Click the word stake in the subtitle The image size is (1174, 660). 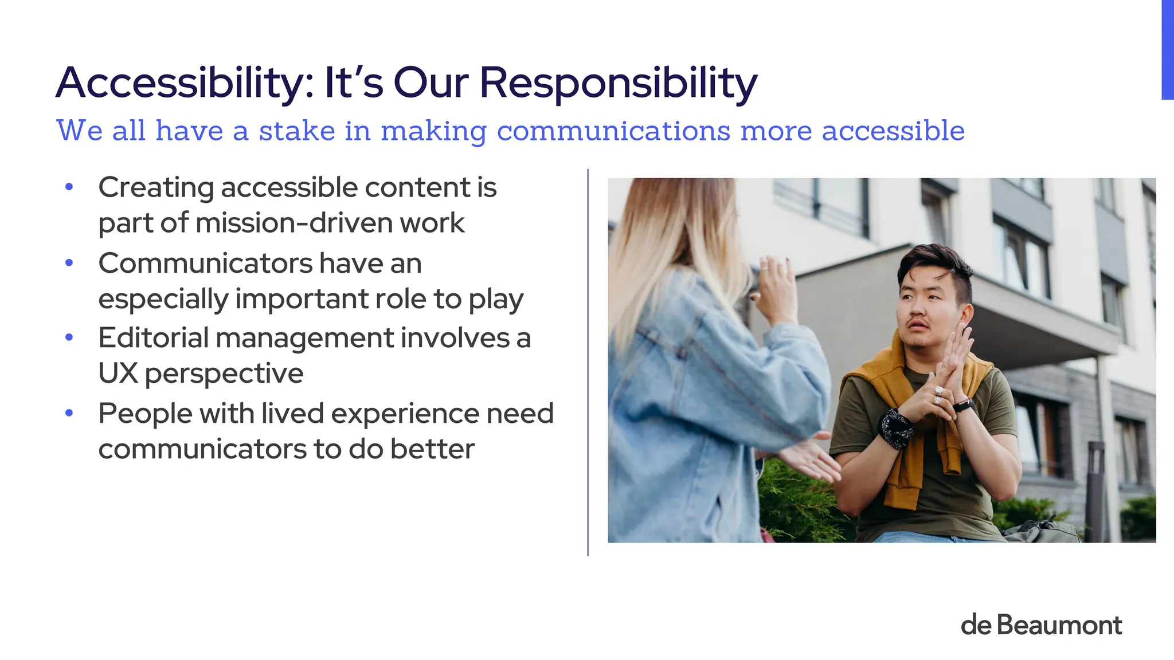(297, 131)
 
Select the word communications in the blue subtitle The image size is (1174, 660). (613, 131)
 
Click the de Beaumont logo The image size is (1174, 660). (1041, 625)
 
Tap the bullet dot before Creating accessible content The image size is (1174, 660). (69, 187)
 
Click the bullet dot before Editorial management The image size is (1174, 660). (69, 337)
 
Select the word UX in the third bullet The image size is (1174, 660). (118, 374)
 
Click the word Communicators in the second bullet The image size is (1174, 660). (205, 264)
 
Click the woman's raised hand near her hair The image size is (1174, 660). (775, 289)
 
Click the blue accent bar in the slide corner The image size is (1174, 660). (1167, 50)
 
